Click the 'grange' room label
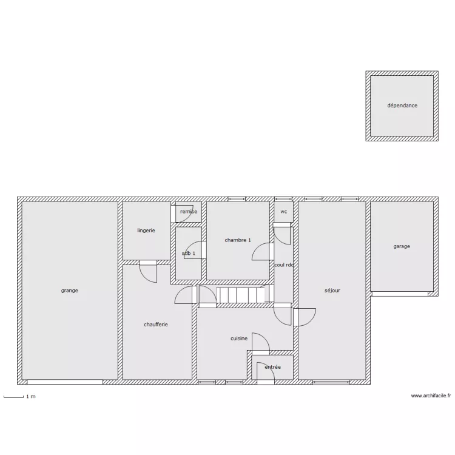(x=69, y=291)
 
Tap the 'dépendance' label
(x=402, y=106)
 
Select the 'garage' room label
(x=402, y=246)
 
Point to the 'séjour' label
(x=332, y=291)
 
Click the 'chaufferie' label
(x=156, y=325)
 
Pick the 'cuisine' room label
(x=239, y=339)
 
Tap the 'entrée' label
(x=273, y=367)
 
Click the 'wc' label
(x=284, y=212)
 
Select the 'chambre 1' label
(x=238, y=240)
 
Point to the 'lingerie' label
(x=146, y=231)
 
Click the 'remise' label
(x=189, y=212)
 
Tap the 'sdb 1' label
(x=189, y=254)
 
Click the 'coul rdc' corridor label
(x=284, y=265)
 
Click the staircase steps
(x=241, y=295)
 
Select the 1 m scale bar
(x=13, y=397)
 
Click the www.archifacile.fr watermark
(x=431, y=396)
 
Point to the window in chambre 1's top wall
(x=237, y=199)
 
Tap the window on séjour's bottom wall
(x=331, y=382)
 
